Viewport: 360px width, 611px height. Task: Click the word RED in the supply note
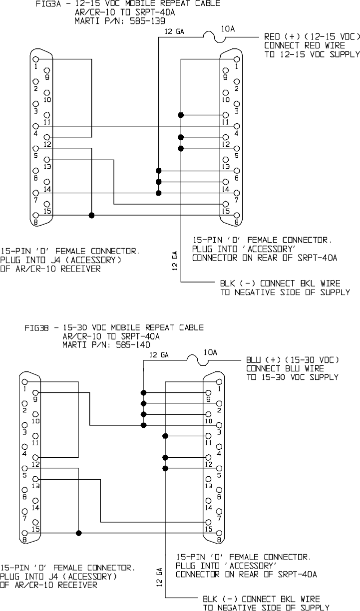[273, 37]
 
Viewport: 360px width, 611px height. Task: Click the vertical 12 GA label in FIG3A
[175, 261]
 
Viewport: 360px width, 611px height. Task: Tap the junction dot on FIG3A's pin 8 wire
[91, 215]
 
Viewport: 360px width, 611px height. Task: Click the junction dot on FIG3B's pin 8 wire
[78, 533]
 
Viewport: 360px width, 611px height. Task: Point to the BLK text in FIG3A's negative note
[228, 284]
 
